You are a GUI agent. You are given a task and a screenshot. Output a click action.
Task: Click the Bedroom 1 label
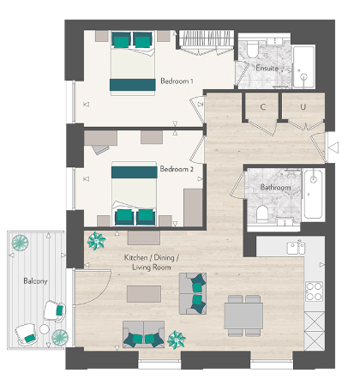click(x=177, y=81)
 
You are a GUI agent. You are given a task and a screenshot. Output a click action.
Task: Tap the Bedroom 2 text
click(x=177, y=170)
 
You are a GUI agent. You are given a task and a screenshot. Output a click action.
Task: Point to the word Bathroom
click(x=275, y=188)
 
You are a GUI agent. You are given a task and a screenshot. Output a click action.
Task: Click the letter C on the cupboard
click(x=263, y=106)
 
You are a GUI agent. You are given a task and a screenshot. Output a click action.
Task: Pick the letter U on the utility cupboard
click(x=303, y=106)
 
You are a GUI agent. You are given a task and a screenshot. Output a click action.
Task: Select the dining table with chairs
click(x=243, y=314)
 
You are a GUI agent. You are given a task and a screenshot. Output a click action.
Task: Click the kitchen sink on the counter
click(x=297, y=248)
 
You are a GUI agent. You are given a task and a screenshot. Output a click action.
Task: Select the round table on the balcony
click(x=61, y=336)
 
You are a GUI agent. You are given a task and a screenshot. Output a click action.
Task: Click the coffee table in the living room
click(x=144, y=294)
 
